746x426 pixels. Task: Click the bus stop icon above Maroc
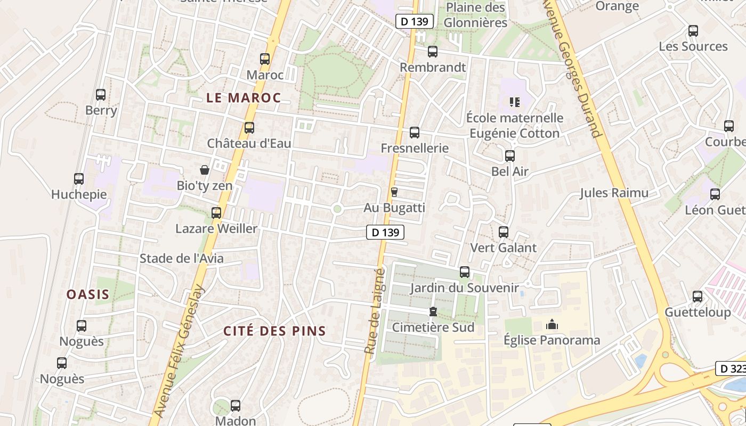coord(265,59)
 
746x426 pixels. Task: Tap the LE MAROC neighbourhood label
coord(244,98)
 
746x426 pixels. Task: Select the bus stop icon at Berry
coord(101,95)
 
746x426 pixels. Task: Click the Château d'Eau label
coord(249,143)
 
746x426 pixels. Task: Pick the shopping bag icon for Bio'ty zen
coord(204,170)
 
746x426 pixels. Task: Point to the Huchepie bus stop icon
coord(79,179)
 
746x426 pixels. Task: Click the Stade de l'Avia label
coord(181,259)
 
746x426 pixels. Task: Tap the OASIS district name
coord(88,294)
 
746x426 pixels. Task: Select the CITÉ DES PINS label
coord(274,331)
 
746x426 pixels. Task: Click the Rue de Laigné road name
coord(374,312)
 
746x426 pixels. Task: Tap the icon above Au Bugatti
coord(394,192)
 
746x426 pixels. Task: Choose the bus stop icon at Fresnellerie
coord(415,133)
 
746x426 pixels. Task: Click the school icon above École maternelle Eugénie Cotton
coord(514,102)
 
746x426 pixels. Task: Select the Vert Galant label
coord(503,248)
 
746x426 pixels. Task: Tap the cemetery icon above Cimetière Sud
coord(433,312)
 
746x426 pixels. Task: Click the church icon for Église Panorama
coord(552,324)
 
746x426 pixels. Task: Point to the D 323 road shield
coord(730,368)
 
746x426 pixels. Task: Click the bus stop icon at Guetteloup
coord(698,297)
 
